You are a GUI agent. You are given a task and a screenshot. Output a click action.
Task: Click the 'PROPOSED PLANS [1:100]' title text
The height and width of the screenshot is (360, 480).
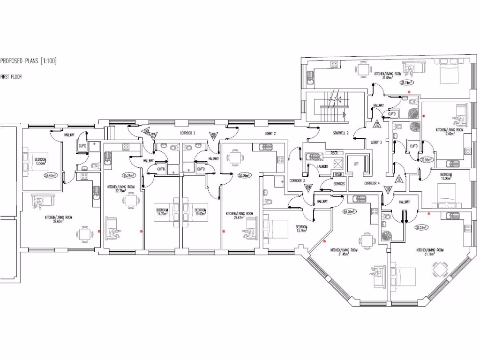click(x=28, y=61)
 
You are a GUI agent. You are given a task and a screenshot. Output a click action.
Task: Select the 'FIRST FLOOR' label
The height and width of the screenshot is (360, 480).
click(x=11, y=76)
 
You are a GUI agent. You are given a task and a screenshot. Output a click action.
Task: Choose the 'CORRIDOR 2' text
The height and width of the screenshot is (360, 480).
click(x=187, y=133)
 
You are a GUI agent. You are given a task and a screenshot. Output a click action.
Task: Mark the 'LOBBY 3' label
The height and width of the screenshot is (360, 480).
click(x=377, y=142)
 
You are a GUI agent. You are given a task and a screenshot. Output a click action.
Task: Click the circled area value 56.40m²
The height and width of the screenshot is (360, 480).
click(x=50, y=176)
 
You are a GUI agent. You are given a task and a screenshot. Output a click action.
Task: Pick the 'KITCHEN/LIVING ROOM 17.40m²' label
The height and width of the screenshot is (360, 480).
click(x=450, y=132)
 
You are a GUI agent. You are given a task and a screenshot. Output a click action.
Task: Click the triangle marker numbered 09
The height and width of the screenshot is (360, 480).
click(x=308, y=187)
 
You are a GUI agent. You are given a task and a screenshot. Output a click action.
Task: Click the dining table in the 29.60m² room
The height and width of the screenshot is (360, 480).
click(x=84, y=233)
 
